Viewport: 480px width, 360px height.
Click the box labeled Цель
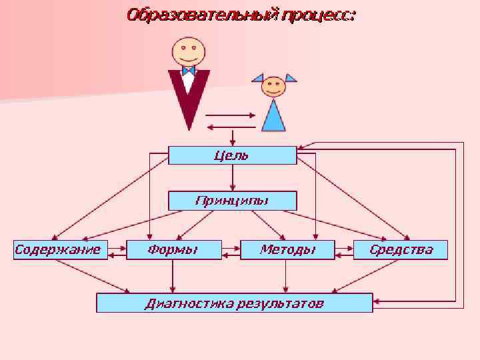(x=232, y=155)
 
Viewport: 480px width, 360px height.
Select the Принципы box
(x=232, y=201)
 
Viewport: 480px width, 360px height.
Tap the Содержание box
(x=58, y=250)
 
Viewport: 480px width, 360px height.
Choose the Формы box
(x=173, y=250)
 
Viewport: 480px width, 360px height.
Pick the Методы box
(x=287, y=250)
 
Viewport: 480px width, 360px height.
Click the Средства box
(x=401, y=250)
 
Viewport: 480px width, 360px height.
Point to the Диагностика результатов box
(x=235, y=303)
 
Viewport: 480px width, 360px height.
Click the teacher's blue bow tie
(x=188, y=70)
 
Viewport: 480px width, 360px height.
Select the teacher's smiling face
(x=189, y=50)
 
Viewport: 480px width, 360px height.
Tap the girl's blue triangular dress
(x=273, y=117)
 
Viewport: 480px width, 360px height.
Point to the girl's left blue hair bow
(x=257, y=77)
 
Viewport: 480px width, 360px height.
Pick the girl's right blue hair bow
(x=290, y=77)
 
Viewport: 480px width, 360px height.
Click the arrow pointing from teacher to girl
(x=230, y=115)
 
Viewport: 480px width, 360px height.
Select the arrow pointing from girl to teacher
(x=230, y=127)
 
